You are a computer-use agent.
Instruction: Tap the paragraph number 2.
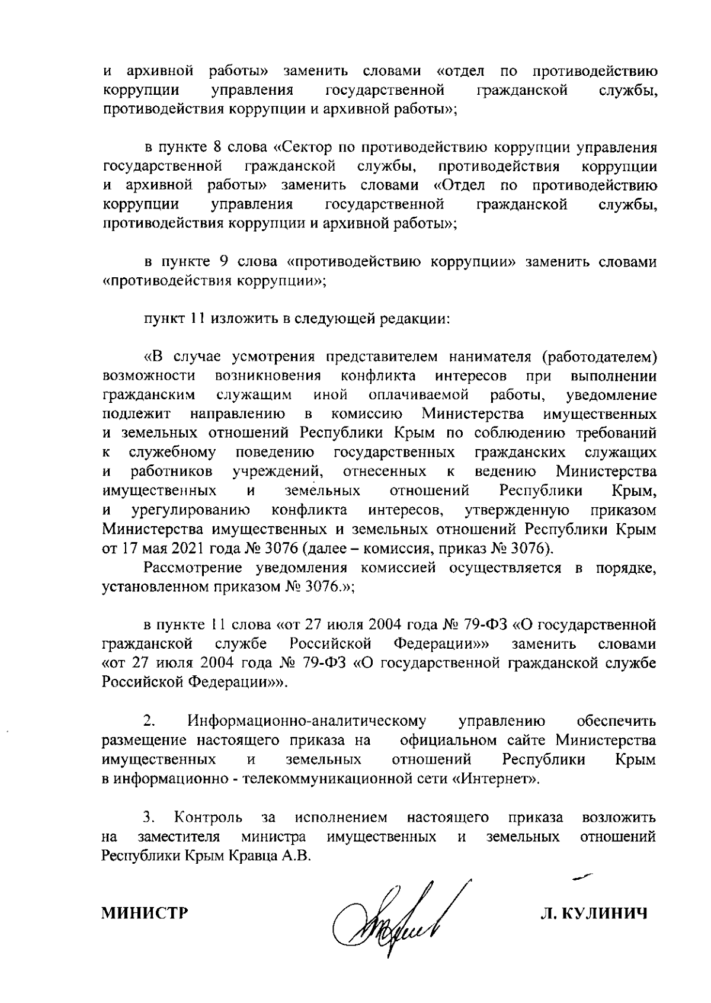pos(149,722)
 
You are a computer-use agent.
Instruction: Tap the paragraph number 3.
pos(149,818)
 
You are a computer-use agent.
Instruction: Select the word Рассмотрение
pos(191,568)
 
